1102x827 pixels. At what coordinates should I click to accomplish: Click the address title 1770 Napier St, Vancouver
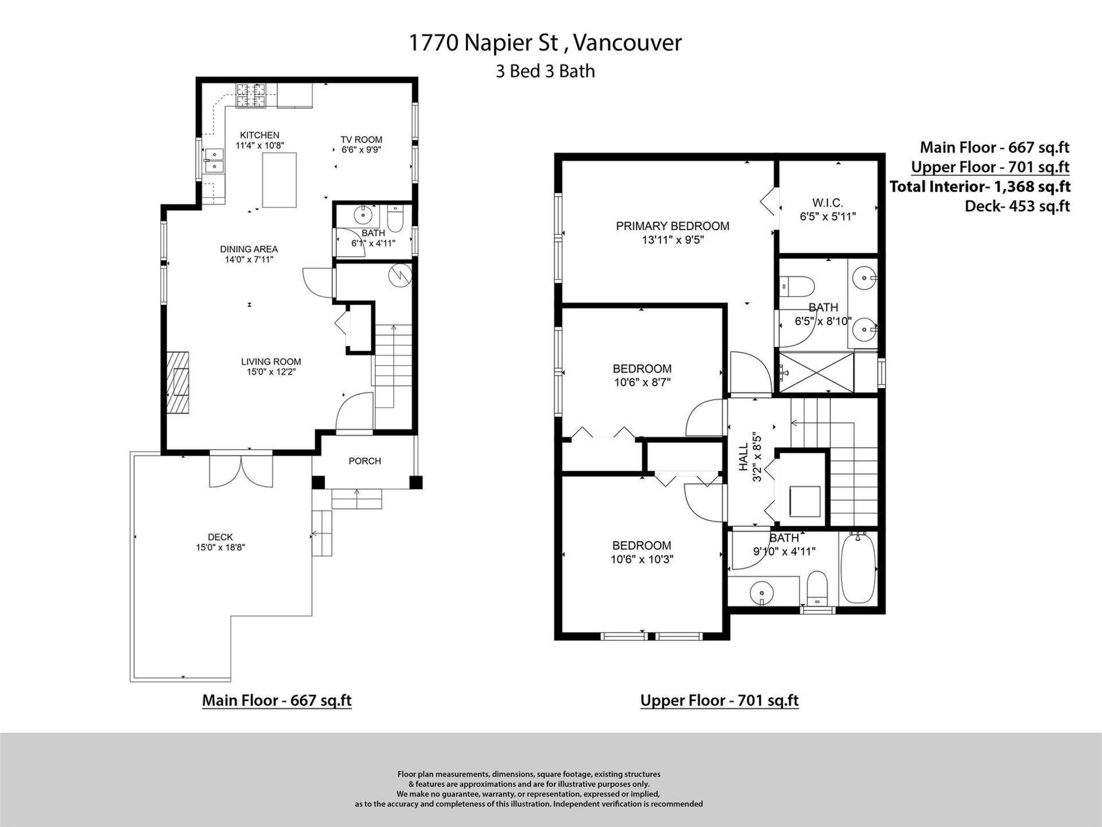(545, 43)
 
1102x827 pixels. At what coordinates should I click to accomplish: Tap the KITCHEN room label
(259, 135)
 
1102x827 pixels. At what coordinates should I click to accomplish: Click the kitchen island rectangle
(280, 180)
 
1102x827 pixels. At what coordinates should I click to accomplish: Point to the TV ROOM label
(361, 140)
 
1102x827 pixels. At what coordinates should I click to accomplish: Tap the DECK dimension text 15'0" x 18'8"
(220, 548)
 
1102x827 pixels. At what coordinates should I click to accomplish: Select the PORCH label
(364, 461)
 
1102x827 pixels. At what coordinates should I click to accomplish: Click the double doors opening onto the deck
(241, 471)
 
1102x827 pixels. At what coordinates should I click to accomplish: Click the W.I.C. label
(828, 203)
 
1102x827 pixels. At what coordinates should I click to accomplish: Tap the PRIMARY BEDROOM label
(673, 226)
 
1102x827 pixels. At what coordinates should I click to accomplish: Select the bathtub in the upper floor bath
(858, 567)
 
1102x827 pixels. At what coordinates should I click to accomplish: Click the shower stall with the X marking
(816, 372)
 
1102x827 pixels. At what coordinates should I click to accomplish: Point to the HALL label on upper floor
(743, 457)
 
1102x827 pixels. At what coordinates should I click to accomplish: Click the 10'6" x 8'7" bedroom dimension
(642, 382)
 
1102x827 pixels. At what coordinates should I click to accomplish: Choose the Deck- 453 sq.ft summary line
(1017, 206)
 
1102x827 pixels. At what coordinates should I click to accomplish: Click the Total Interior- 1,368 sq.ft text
(980, 187)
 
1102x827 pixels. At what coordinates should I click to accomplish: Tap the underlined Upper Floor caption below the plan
(719, 701)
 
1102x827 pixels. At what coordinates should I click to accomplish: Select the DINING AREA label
(249, 249)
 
